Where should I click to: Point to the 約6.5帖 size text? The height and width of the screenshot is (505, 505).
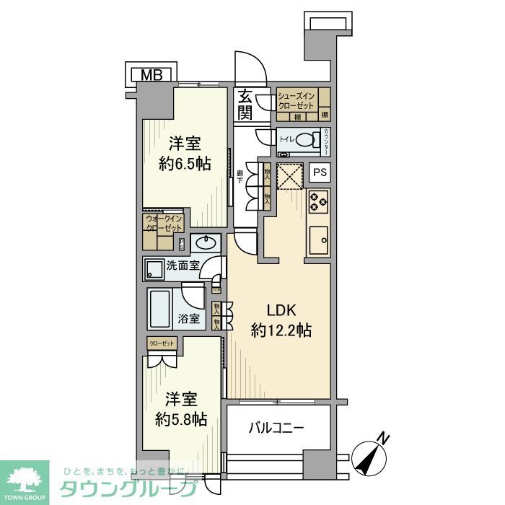pyautogui.click(x=185, y=163)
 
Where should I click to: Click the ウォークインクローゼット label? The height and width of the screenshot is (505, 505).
pyautogui.click(x=164, y=223)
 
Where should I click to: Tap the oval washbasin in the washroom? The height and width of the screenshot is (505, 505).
pyautogui.click(x=206, y=242)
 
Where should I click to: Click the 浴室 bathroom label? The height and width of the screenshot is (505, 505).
pyautogui.click(x=189, y=318)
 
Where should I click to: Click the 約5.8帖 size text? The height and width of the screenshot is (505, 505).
pyautogui.click(x=183, y=418)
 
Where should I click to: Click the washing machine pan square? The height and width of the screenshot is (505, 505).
pyautogui.click(x=154, y=269)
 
